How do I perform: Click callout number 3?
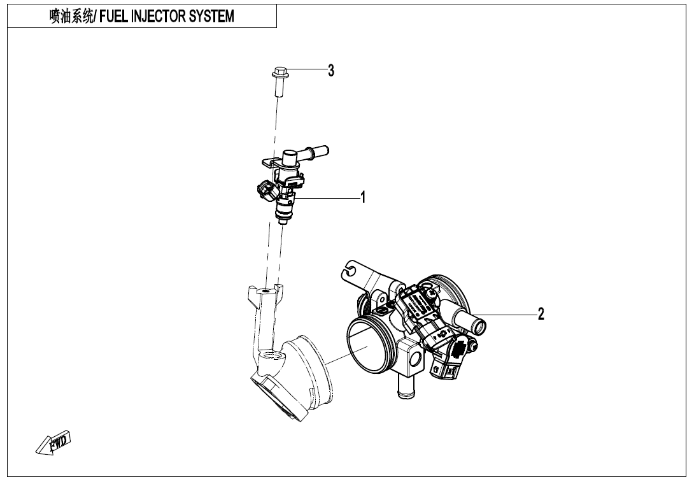coord(330,71)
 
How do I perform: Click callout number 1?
coord(363,197)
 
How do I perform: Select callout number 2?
coord(541,313)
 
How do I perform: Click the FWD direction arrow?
coord(53,443)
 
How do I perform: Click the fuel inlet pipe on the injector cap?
coord(315,152)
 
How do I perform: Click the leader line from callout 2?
coord(509,314)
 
